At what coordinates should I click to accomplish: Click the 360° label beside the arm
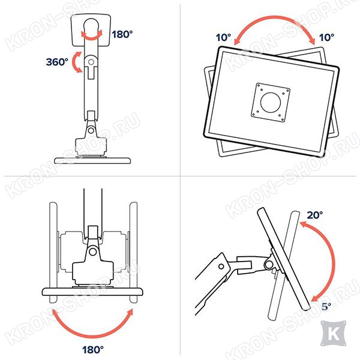coord(57,62)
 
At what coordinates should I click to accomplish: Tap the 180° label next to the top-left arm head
coord(122,34)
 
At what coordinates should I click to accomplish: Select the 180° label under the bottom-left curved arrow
coord(93,350)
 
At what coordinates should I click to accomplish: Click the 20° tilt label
coord(315,215)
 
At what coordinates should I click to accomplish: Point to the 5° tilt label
coord(326,306)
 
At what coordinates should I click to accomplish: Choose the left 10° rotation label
coord(223,37)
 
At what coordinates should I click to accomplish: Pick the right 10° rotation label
coord(326,37)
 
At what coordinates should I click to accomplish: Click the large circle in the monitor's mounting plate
coord(271,103)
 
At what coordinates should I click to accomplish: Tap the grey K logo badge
coord(334,333)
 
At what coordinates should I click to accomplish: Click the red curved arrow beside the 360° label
coord(74,62)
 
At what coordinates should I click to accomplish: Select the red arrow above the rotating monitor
coord(275,17)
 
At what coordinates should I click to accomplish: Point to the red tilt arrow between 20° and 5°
coord(332,262)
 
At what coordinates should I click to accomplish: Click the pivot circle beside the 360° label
coord(91,62)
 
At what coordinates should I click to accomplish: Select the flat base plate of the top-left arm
coord(92,160)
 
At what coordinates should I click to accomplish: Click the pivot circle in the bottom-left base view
coord(93,251)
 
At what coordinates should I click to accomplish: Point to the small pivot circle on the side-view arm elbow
coord(221,266)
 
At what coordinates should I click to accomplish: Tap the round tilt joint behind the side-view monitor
coord(269,265)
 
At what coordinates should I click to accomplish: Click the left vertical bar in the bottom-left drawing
coord(53,253)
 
